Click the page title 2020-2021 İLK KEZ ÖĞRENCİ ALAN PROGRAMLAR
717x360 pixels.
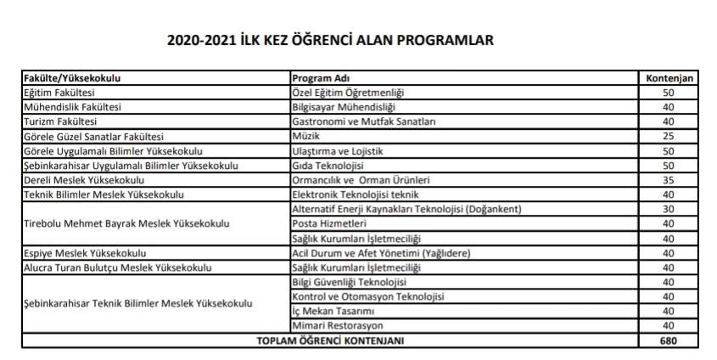click(x=332, y=40)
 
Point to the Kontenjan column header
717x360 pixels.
click(x=670, y=77)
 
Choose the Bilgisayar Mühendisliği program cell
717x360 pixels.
click(x=346, y=107)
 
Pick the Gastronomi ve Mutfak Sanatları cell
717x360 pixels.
click(x=363, y=121)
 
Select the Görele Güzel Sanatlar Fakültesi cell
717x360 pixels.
click(x=93, y=136)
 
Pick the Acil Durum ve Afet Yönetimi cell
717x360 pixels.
click(x=381, y=253)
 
